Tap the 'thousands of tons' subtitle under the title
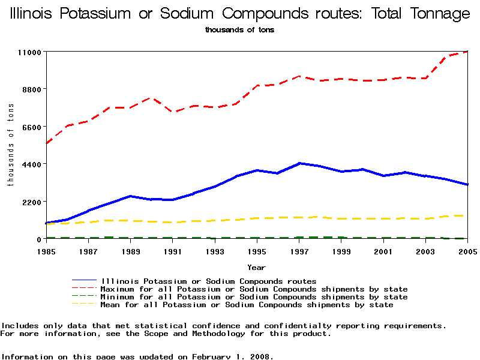(239, 29)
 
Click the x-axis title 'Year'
(256, 268)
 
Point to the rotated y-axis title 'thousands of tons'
(10, 144)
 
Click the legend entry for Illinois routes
(209, 281)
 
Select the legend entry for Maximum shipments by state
(254, 289)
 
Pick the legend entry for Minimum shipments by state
(254, 297)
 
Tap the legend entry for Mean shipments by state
(247, 305)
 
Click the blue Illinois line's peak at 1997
(299, 163)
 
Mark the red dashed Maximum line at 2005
(466, 52)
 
